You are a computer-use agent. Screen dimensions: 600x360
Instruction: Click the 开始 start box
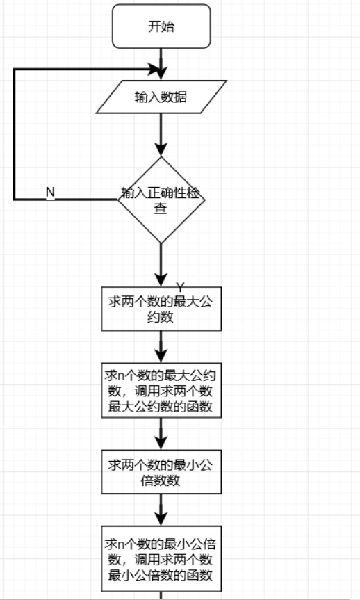161,27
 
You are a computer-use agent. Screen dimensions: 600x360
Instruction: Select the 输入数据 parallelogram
161,97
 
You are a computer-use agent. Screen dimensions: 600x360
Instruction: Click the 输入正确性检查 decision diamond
161,200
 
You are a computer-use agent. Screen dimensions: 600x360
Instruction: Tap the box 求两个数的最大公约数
161,308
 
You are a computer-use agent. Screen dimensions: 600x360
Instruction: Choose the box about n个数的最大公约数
161,390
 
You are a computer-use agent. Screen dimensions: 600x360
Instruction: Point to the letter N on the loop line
50,191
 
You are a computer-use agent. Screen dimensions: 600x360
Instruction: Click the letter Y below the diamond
179,287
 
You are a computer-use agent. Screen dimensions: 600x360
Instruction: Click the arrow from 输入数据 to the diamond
161,133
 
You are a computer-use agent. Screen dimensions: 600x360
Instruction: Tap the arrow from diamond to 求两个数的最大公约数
161,264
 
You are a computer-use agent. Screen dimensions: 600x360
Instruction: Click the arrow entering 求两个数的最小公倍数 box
161,434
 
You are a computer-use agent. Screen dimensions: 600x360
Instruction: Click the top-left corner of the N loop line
14,70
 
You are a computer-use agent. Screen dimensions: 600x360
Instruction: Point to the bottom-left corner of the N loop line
14,200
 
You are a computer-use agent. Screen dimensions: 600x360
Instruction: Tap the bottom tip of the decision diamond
161,243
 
